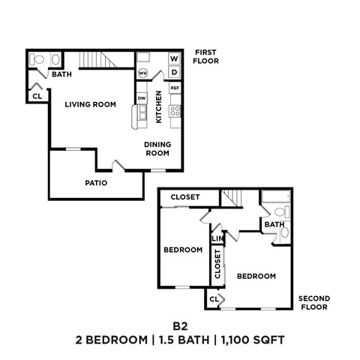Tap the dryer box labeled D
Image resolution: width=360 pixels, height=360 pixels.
(x=173, y=72)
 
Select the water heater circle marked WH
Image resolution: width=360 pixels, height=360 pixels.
(x=142, y=73)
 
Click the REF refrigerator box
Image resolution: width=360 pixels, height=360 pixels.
(x=175, y=88)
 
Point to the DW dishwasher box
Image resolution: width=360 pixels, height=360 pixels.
(x=141, y=98)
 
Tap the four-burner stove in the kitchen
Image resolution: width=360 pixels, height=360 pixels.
(x=175, y=111)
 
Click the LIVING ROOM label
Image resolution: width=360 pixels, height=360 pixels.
(x=90, y=104)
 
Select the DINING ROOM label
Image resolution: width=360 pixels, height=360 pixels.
(x=157, y=148)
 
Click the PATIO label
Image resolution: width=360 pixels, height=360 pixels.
(x=95, y=182)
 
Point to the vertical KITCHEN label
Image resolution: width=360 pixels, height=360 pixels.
(x=159, y=106)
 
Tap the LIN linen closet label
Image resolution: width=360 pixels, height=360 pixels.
(x=217, y=239)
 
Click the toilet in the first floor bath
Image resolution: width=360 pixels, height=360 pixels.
(x=36, y=59)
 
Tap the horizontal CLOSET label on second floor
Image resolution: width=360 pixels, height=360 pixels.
(x=185, y=197)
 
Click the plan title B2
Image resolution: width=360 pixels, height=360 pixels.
(x=179, y=325)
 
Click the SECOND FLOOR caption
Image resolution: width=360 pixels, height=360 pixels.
(x=313, y=302)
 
